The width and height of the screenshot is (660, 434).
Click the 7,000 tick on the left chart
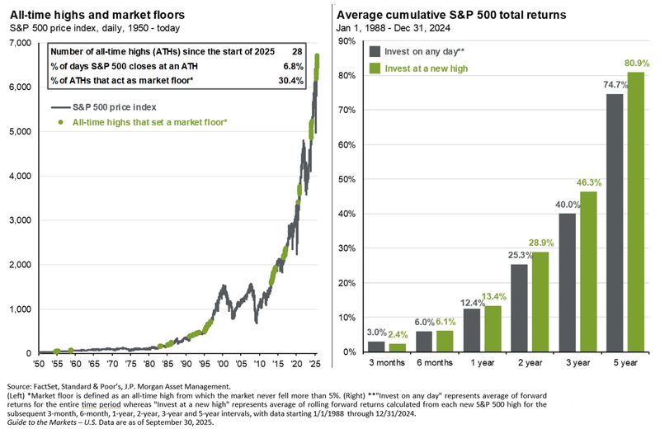tap(17, 42)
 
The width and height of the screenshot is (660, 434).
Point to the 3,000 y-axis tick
tap(17, 220)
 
